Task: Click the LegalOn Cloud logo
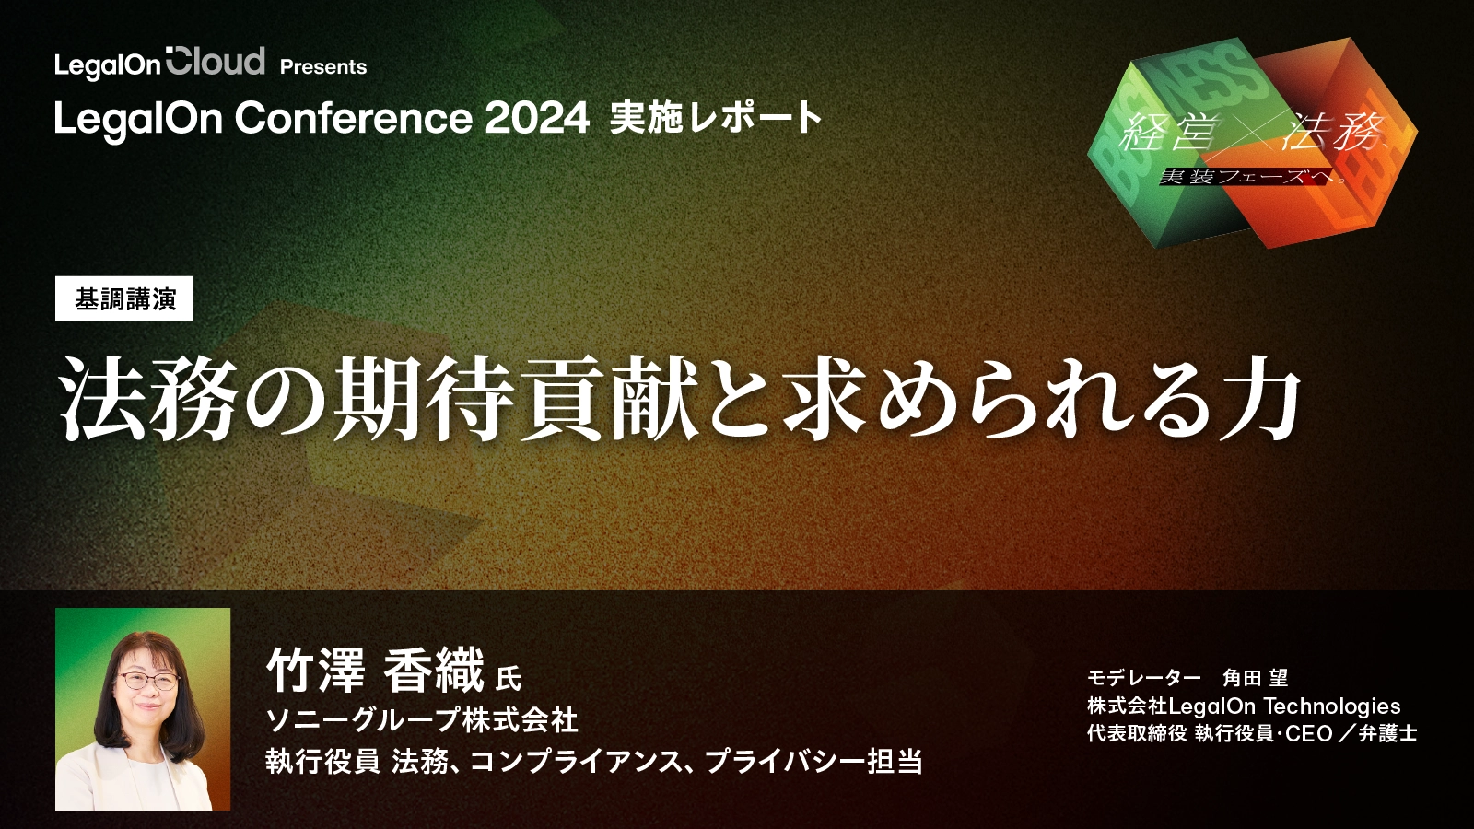click(159, 63)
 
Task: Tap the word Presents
click(323, 67)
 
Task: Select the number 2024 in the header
click(537, 118)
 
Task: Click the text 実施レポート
click(716, 118)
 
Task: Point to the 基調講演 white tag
click(124, 298)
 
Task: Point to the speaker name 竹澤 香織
click(375, 670)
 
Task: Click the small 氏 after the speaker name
click(508, 680)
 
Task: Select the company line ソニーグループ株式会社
click(422, 720)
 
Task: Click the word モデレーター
click(1143, 678)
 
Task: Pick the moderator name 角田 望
click(1255, 678)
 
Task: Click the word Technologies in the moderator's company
click(1331, 706)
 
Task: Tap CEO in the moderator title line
click(1308, 734)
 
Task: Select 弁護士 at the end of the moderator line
click(1387, 734)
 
